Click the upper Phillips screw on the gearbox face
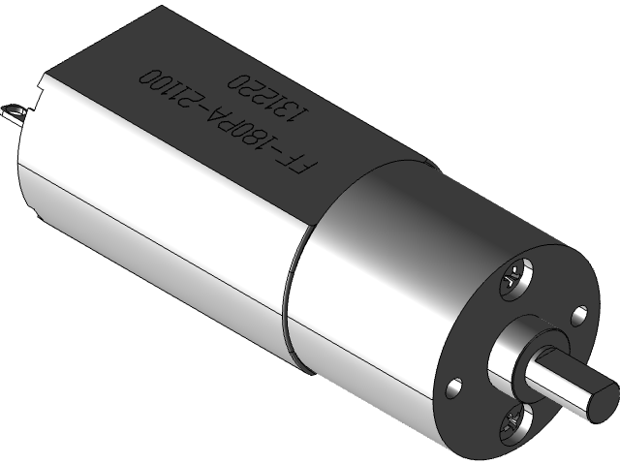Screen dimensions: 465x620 point(512,281)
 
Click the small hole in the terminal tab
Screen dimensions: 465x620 point(14,110)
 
